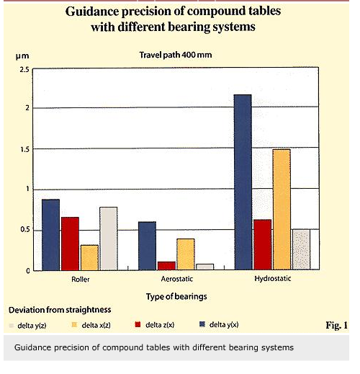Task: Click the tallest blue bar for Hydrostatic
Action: pos(243,182)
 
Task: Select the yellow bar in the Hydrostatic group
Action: pos(282,209)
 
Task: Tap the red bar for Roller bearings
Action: pos(70,244)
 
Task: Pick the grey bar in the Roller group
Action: pos(109,239)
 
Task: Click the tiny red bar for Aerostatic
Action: pos(166,266)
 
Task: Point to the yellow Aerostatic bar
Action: pos(186,254)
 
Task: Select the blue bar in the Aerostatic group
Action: pos(147,246)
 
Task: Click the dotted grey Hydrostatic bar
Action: pos(301,249)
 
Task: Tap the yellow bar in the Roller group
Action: pos(89,257)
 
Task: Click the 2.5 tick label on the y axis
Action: pos(24,70)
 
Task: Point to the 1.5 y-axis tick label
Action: pos(24,149)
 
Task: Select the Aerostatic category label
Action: pos(177,279)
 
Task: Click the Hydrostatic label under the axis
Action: pos(273,279)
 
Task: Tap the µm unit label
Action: pos(22,56)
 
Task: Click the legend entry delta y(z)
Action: pos(27,326)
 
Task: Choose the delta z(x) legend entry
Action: pos(155,325)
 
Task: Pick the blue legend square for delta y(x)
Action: pos(202,324)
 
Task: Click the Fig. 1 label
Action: pos(336,325)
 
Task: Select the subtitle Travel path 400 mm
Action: pos(176,55)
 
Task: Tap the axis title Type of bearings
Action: pos(176,297)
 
